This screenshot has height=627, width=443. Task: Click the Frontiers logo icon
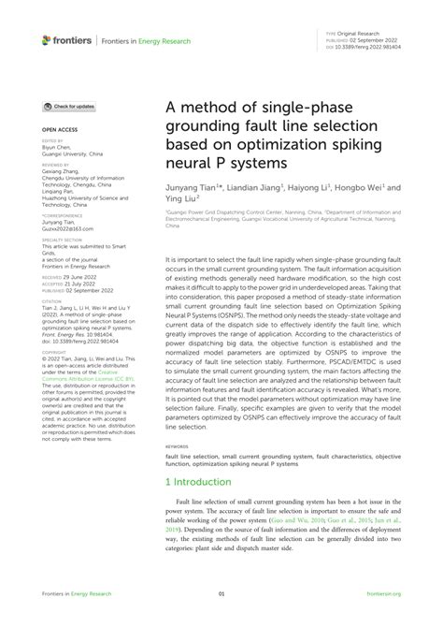[48, 39]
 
